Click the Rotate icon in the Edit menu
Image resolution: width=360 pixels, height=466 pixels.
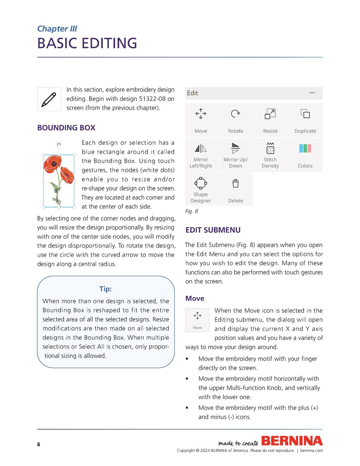235,114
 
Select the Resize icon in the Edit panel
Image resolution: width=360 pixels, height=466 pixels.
270,114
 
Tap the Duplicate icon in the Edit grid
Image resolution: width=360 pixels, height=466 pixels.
305,114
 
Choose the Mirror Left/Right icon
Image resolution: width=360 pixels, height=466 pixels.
201,149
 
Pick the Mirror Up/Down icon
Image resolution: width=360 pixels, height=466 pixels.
235,148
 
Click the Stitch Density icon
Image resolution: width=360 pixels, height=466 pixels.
270,148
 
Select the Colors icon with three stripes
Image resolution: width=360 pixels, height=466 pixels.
305,148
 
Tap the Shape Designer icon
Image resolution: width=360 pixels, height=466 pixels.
201,183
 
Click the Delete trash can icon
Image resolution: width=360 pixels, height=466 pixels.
235,183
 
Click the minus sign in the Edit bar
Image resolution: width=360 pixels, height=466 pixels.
312,93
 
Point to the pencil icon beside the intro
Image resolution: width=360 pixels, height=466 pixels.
49,99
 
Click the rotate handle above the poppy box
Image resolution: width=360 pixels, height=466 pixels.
59,144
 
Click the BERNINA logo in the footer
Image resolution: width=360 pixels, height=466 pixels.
292,441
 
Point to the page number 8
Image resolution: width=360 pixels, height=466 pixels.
39,444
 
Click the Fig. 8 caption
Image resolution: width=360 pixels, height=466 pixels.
192,211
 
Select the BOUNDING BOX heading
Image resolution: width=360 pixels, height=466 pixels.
66,128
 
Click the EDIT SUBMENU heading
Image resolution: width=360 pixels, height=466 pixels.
213,230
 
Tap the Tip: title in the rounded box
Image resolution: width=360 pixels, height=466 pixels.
105,289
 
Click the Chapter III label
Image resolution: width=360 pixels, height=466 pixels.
57,29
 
